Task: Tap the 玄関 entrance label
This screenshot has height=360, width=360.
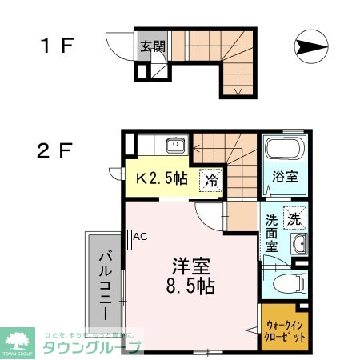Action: click(x=154, y=46)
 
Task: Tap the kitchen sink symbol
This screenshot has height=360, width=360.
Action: click(x=174, y=146)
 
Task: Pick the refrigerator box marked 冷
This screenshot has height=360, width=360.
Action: click(x=211, y=180)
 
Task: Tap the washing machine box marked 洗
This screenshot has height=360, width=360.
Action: click(x=293, y=215)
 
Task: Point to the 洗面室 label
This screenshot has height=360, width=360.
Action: click(x=272, y=231)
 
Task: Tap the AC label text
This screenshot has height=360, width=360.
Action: click(x=141, y=237)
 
